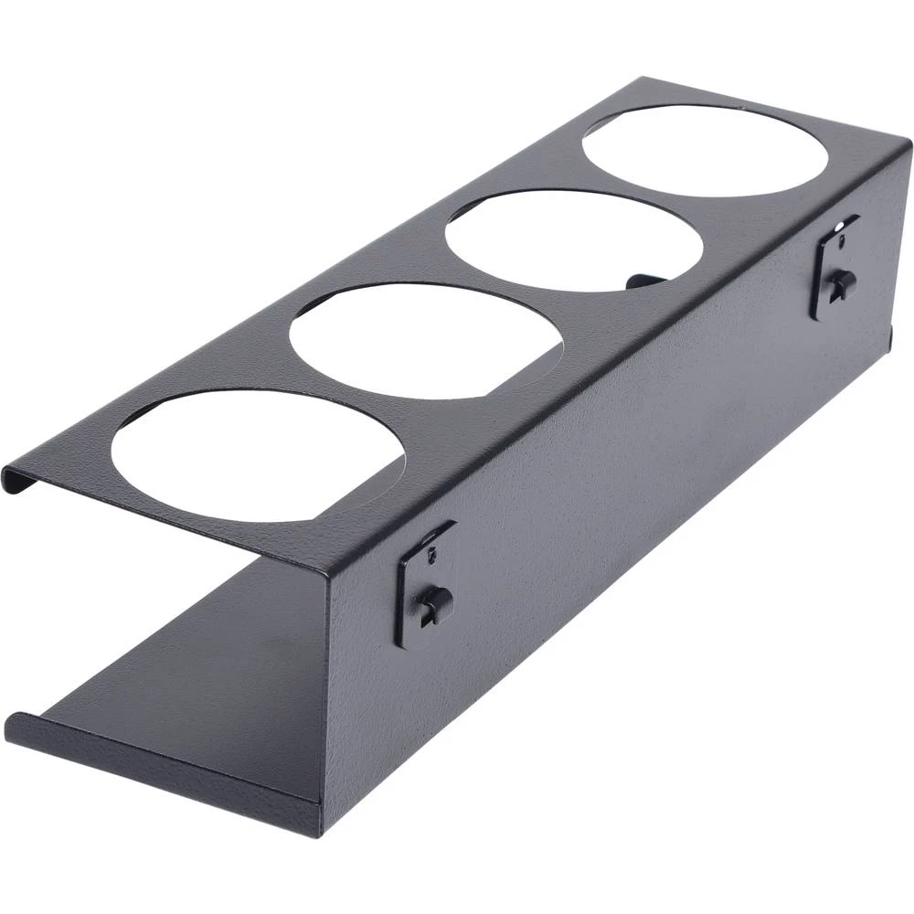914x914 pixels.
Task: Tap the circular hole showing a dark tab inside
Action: [574, 240]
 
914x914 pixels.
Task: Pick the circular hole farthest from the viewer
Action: [705, 150]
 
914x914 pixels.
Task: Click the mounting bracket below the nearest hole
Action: [426, 585]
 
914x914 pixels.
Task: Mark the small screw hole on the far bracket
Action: [841, 242]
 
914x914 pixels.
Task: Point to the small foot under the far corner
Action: [890, 338]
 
